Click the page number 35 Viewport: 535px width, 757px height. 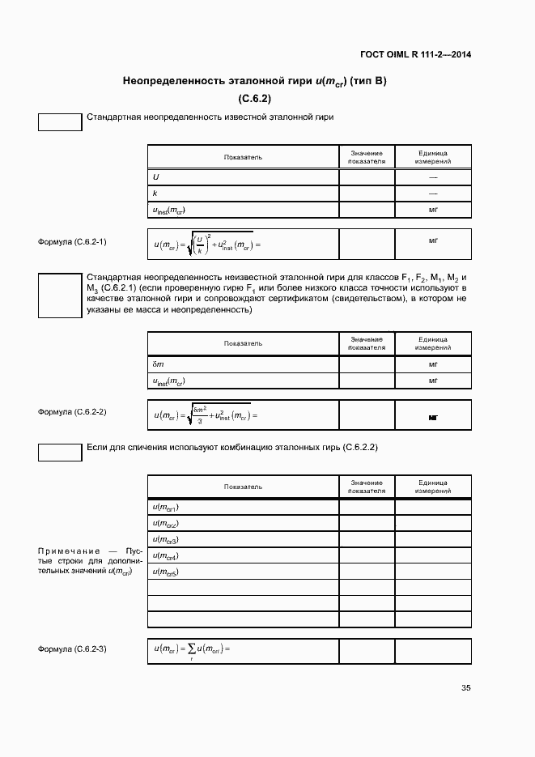pos(465,688)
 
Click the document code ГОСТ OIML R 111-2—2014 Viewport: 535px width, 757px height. pos(415,55)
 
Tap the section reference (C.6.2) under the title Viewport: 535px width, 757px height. pos(254,99)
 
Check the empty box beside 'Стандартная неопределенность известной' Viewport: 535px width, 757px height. pos(60,122)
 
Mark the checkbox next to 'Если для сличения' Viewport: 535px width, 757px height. pos(60,453)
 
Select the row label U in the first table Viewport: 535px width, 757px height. pos(156,176)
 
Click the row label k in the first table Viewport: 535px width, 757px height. pos(155,194)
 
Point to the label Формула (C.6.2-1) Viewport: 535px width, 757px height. pos(73,241)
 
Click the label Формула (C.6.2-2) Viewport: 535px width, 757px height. pos(73,411)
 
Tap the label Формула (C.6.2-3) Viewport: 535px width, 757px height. pos(73,649)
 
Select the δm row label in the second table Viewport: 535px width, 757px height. pos(159,364)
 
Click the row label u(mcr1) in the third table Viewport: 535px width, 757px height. pos(165,508)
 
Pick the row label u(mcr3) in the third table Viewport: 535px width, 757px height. pos(165,540)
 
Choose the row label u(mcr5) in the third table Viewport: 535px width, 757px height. pos(165,572)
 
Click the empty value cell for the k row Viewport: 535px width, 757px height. pos(366,194)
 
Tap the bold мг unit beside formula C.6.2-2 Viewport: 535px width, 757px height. pos(432,417)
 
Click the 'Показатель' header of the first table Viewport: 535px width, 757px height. pos(243,157)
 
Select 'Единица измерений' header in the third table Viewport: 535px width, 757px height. pos(432,487)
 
